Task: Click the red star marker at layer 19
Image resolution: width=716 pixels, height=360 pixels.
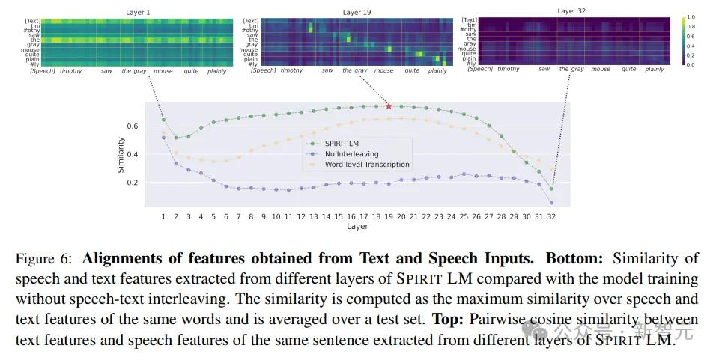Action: point(389,106)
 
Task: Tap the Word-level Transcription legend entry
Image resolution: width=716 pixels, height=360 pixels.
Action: point(366,164)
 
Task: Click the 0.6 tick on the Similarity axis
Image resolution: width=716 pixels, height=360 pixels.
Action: point(133,126)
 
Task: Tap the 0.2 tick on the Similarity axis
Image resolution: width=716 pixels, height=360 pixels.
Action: point(133,183)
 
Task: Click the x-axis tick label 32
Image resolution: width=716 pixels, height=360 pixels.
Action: point(551,216)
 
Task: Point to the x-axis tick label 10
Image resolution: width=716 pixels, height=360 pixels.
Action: point(276,216)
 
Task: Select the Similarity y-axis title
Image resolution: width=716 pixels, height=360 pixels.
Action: point(121,155)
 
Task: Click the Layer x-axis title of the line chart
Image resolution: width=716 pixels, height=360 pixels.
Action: point(357,226)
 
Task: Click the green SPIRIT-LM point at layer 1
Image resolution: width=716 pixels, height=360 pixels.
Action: point(163,120)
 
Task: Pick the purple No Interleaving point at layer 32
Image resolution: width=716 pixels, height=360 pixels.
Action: point(551,203)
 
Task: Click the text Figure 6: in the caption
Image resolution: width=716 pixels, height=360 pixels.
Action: point(43,259)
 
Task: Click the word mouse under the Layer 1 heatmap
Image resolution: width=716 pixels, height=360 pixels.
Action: point(163,71)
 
